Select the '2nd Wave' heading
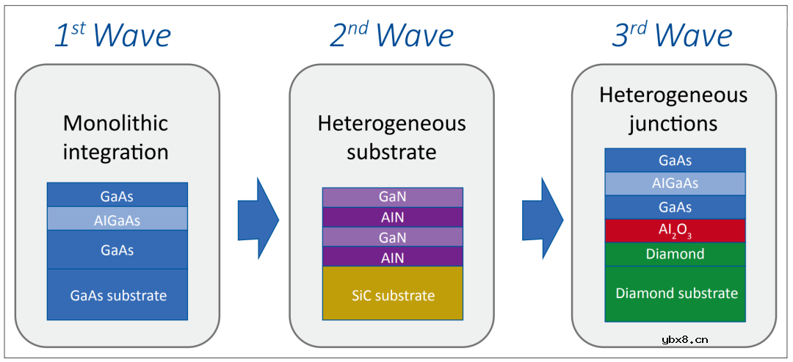391,36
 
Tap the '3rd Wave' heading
672,36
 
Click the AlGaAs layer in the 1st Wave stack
117,220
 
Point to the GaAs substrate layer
117,295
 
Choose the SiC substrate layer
392,295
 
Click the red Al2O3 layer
675,231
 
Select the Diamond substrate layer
676,293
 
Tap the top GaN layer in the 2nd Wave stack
392,197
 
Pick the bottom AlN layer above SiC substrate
392,257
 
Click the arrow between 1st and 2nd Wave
258,218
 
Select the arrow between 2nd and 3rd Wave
542,218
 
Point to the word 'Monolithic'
115,123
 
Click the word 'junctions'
673,123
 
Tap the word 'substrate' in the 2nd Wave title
391,152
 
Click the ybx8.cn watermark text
684,339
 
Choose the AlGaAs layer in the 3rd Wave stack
675,184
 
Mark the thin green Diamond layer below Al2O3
675,254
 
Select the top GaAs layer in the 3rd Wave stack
675,160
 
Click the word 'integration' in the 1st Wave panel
115,152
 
